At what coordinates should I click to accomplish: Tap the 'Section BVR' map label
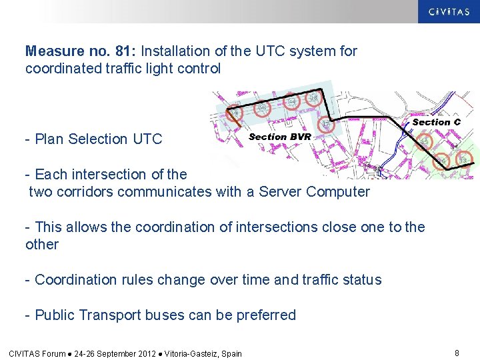(x=279, y=137)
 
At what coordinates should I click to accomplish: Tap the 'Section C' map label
(x=436, y=122)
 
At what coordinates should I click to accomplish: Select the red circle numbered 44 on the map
(x=291, y=102)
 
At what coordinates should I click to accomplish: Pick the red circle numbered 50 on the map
(x=262, y=107)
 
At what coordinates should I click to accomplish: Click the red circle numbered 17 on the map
(x=325, y=125)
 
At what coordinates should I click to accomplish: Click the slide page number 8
(x=457, y=353)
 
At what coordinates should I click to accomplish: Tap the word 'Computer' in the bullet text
(x=338, y=191)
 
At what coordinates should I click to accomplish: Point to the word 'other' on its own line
(x=42, y=244)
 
